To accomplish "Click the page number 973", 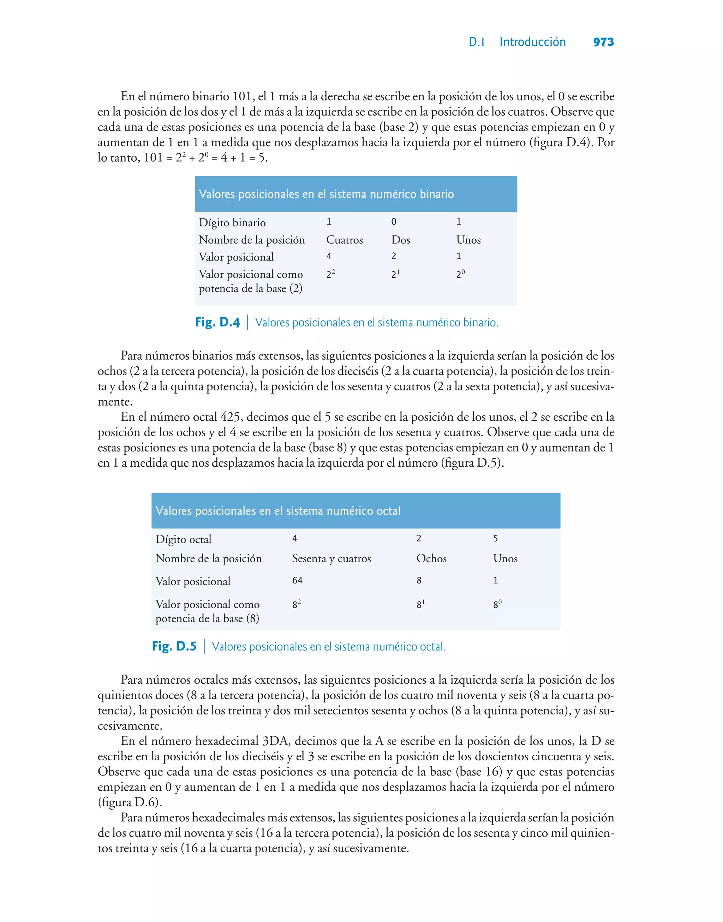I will [603, 42].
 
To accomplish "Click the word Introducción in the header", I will [532, 42].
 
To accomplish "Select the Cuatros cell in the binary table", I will [344, 240].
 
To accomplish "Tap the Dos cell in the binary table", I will [400, 240].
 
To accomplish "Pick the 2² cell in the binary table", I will [330, 274].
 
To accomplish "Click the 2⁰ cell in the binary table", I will [460, 274].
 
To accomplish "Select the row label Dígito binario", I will [232, 223].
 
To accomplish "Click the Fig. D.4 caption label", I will [217, 322].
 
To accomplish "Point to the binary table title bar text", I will [326, 194].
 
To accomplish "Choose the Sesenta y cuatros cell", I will [331, 558].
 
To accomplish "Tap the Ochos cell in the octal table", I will [431, 558].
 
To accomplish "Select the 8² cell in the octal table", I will [296, 604].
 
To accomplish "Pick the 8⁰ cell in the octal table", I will [497, 604].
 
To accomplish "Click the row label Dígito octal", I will [183, 539].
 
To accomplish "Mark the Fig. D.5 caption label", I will [174, 647].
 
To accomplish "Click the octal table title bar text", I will [278, 511].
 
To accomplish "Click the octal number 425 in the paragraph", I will [230, 417].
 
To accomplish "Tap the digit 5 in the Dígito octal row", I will [495, 539].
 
